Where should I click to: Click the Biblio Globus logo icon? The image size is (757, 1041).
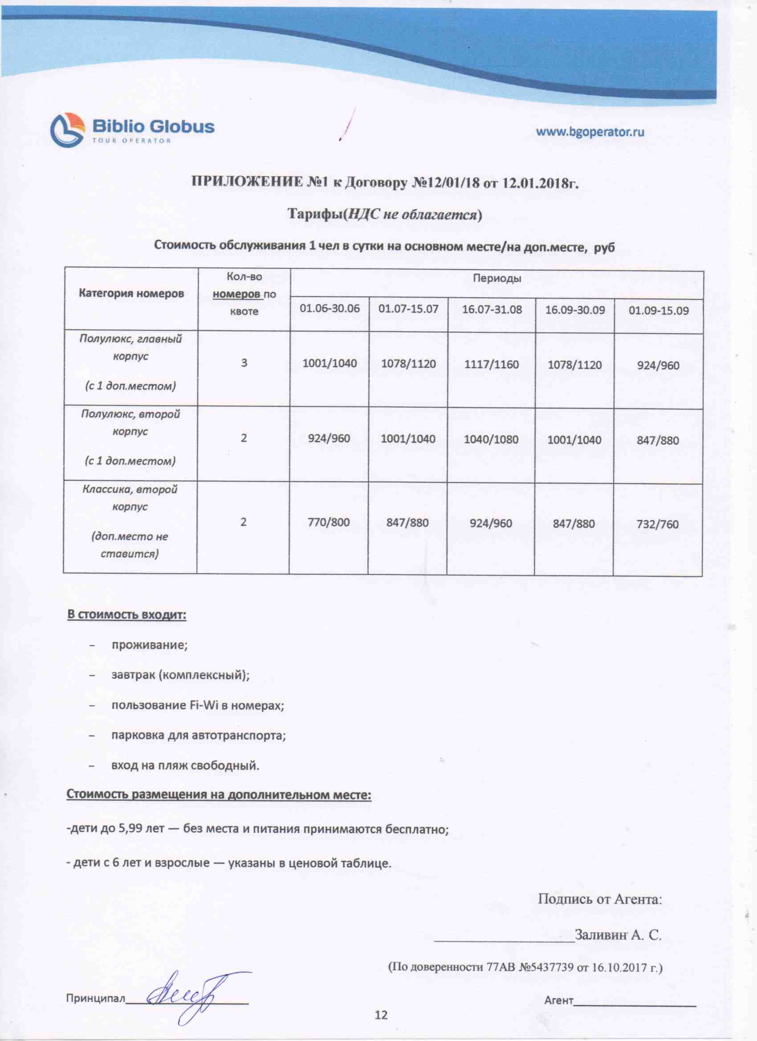point(67,130)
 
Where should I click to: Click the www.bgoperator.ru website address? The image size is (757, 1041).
point(590,132)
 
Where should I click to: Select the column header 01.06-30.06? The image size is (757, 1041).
point(330,308)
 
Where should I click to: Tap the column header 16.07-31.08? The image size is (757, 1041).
point(492,309)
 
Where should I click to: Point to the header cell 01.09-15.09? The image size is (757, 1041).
point(658,311)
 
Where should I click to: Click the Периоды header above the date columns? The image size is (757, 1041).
point(497,279)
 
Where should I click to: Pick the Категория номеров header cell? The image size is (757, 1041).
point(131,293)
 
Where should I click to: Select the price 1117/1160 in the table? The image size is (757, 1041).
point(491,365)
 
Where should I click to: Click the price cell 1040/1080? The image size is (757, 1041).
point(491,440)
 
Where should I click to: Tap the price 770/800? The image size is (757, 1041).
point(329,523)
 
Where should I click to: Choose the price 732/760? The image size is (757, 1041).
point(657,524)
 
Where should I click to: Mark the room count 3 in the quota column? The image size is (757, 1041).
point(244,363)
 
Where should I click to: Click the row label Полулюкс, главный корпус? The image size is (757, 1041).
point(130,348)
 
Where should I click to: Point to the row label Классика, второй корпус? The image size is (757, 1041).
point(130,498)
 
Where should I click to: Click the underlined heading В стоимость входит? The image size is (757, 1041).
point(127,615)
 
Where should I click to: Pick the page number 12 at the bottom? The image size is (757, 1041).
point(381,1015)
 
